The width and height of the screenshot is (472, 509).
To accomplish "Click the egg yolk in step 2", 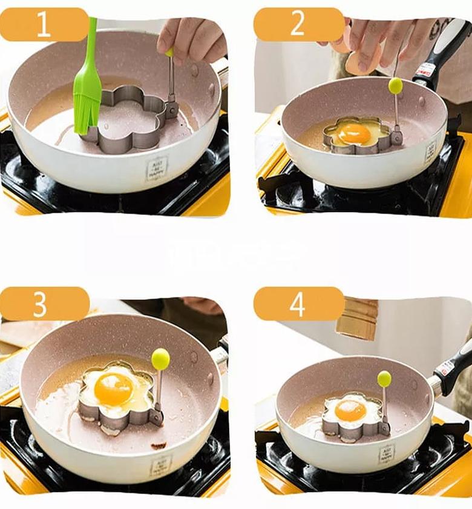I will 354,133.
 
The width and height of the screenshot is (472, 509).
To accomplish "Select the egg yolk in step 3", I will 114,389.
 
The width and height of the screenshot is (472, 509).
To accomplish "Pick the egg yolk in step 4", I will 350,411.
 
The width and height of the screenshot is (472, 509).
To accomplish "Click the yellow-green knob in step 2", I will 396,85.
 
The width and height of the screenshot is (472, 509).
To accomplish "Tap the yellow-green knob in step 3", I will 160,359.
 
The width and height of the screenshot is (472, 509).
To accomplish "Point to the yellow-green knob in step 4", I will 384,379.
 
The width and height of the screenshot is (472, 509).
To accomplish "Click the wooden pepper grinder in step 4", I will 357,319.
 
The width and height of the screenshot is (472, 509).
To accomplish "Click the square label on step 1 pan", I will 157,169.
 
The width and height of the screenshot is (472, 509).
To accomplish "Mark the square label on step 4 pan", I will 386,453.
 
